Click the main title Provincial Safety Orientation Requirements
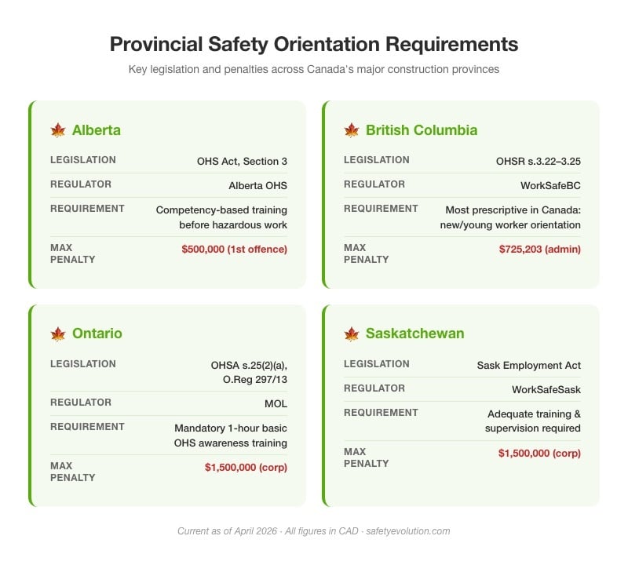[314, 43]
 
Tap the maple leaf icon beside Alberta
[58, 130]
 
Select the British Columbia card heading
[422, 130]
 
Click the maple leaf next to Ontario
[58, 334]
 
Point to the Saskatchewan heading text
[414, 334]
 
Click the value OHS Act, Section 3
[242, 162]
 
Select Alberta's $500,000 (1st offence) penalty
[234, 249]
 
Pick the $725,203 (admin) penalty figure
[540, 249]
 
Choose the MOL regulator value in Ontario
[276, 404]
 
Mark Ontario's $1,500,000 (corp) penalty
[246, 467]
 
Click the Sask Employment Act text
[529, 366]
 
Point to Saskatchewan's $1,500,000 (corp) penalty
[539, 453]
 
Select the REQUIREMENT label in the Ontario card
[87, 427]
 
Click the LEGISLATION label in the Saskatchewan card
[377, 364]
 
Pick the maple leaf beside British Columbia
[352, 130]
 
